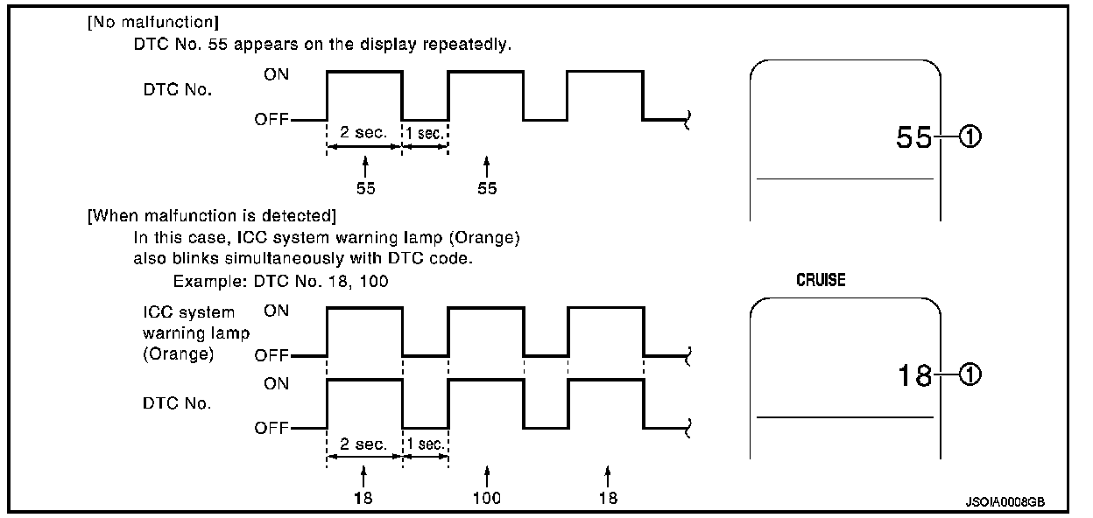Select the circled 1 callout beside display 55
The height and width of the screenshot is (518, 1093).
tap(969, 137)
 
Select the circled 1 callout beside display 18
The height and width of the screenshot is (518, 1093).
tap(969, 375)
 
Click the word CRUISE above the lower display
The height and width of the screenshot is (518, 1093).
tap(821, 281)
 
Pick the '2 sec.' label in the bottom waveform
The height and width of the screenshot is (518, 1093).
tap(364, 444)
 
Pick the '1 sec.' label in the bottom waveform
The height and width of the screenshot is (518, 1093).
tap(426, 444)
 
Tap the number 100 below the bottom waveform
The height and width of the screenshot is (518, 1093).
tap(486, 498)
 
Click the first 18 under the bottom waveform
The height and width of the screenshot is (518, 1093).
tap(365, 498)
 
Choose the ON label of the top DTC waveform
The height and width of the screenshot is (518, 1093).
tap(276, 74)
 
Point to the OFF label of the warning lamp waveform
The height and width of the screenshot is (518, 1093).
tap(271, 356)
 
